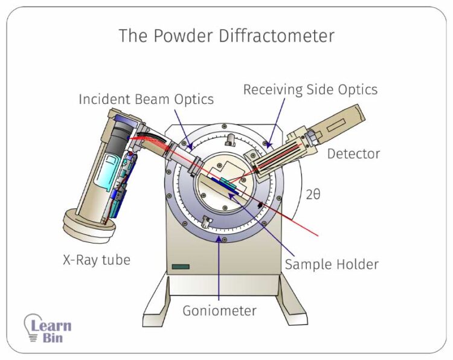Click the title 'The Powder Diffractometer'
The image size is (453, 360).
click(226, 36)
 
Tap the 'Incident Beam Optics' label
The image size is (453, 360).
click(146, 99)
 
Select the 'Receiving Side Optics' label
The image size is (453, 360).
click(310, 90)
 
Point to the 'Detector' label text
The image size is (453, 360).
click(353, 153)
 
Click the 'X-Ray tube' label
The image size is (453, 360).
click(97, 260)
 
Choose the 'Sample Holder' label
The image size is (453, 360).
click(332, 264)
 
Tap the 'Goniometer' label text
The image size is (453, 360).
click(220, 311)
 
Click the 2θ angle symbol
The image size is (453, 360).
click(314, 194)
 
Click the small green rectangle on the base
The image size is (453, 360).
click(180, 266)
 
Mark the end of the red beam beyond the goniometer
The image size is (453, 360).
click(318, 234)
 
